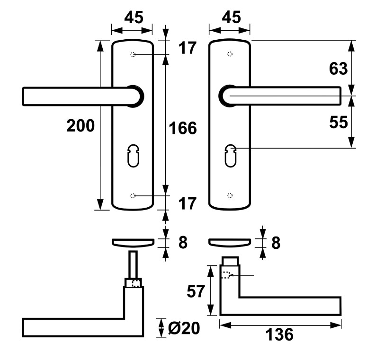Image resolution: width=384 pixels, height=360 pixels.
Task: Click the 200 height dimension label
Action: (80, 126)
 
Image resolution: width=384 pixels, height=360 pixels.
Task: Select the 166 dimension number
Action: (183, 128)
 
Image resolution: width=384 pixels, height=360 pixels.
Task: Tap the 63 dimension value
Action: (339, 69)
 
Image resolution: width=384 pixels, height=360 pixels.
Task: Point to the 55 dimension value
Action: (339, 122)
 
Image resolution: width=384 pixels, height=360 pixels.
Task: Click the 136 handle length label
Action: (279, 334)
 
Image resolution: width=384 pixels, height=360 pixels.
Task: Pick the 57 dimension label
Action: (196, 291)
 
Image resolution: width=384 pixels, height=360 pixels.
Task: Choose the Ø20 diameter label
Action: (184, 328)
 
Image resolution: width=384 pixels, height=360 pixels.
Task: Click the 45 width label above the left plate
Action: (134, 18)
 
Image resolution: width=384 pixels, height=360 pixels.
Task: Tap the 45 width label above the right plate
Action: (232, 17)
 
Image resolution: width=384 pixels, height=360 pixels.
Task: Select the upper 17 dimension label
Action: (188, 48)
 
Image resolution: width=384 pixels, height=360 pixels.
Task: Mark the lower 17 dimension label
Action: (188, 203)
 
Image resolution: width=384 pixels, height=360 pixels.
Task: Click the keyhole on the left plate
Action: (134, 156)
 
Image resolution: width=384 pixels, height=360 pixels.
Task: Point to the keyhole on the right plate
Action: (231, 156)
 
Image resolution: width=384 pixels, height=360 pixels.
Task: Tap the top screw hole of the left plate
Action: (133, 54)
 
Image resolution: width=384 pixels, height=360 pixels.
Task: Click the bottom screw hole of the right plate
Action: (230, 195)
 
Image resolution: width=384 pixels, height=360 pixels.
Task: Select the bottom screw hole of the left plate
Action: (133, 195)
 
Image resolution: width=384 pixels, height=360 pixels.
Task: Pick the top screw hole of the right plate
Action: (230, 54)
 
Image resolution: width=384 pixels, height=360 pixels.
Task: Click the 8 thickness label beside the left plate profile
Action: (183, 243)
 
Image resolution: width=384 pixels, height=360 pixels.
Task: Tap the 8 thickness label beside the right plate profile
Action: (276, 243)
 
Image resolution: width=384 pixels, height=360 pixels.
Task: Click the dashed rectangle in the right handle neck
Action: (226, 275)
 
